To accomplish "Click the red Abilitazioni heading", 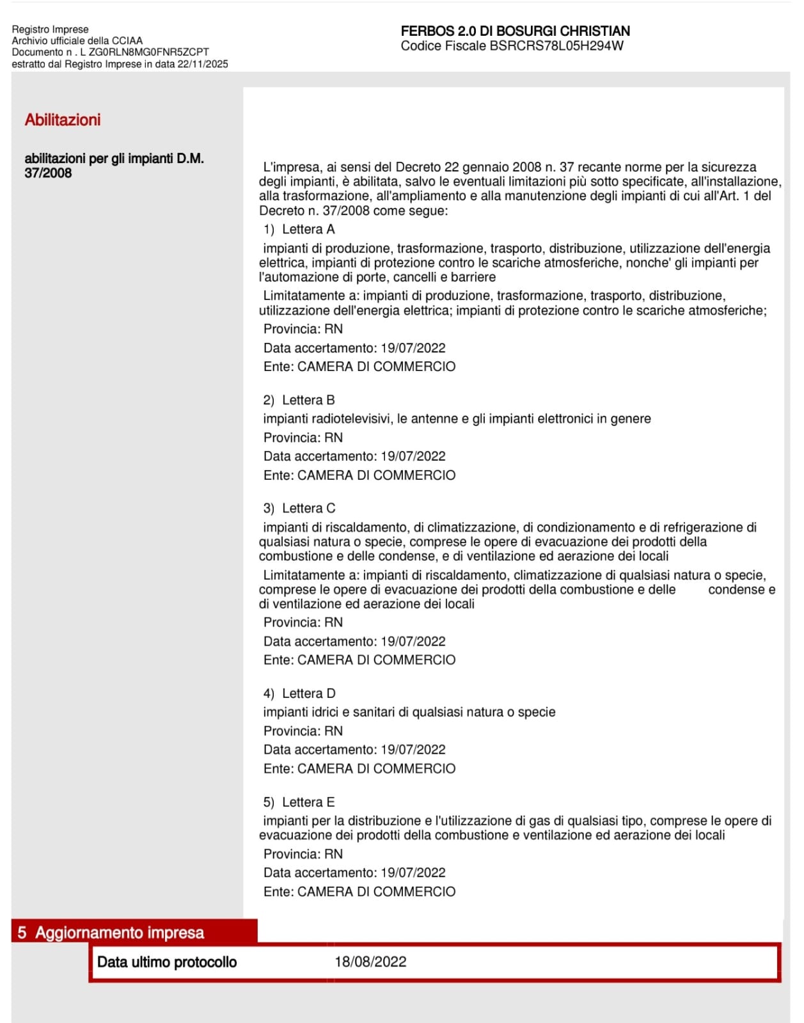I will click(63, 120).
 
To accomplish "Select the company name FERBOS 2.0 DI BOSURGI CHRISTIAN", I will click(515, 31).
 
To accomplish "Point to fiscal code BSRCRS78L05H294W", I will click(556, 46).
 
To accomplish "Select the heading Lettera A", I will click(308, 229).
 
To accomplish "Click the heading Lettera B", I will click(308, 400).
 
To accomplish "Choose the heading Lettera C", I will click(308, 508).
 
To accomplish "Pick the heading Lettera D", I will click(308, 694).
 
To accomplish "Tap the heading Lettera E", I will click(308, 802).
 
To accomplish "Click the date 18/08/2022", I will click(370, 962).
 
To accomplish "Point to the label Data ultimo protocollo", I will click(167, 962).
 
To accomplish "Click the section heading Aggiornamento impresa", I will click(120, 932).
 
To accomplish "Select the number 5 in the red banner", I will click(22, 932).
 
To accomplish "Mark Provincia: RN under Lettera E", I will click(303, 854).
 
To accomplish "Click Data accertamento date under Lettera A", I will click(413, 348).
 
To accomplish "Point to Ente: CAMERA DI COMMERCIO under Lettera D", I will click(359, 768).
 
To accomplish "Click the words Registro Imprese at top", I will click(50, 29).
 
